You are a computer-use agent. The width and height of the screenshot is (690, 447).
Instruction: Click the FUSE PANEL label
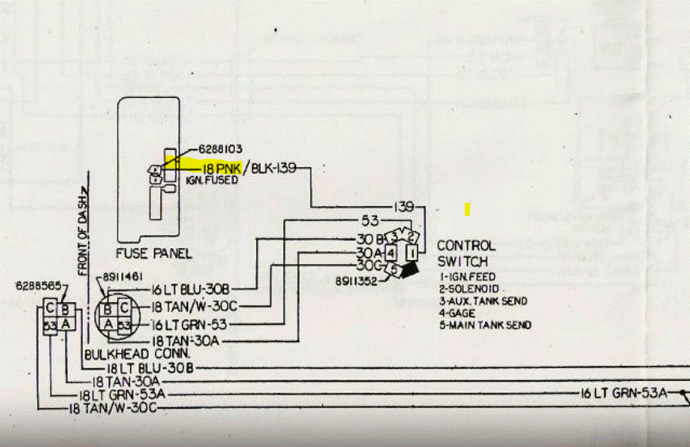click(154, 253)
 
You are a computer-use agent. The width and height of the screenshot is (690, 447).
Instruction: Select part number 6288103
click(220, 150)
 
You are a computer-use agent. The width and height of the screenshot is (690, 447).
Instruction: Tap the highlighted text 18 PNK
click(219, 168)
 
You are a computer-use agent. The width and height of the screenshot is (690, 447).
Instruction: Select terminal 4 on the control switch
click(391, 252)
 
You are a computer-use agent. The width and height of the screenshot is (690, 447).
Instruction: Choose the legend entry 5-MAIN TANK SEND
click(485, 325)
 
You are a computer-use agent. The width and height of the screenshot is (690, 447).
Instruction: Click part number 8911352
click(357, 280)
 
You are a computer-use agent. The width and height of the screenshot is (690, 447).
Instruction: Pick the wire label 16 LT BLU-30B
click(191, 289)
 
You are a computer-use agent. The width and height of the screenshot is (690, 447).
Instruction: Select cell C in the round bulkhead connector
click(124, 307)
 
